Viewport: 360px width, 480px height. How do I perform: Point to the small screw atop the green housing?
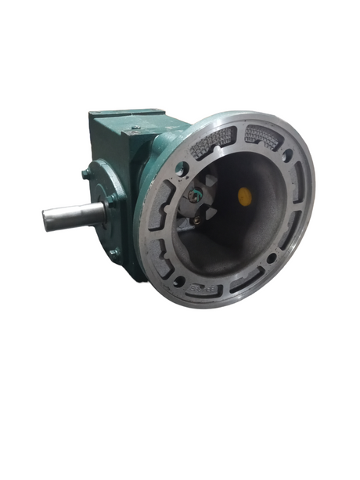135,128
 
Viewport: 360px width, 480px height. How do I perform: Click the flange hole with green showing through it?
181,167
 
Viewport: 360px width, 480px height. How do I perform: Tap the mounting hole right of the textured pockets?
286,156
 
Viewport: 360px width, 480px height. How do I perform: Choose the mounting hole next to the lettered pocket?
179,280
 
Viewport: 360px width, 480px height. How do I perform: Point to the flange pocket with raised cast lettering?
205,289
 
